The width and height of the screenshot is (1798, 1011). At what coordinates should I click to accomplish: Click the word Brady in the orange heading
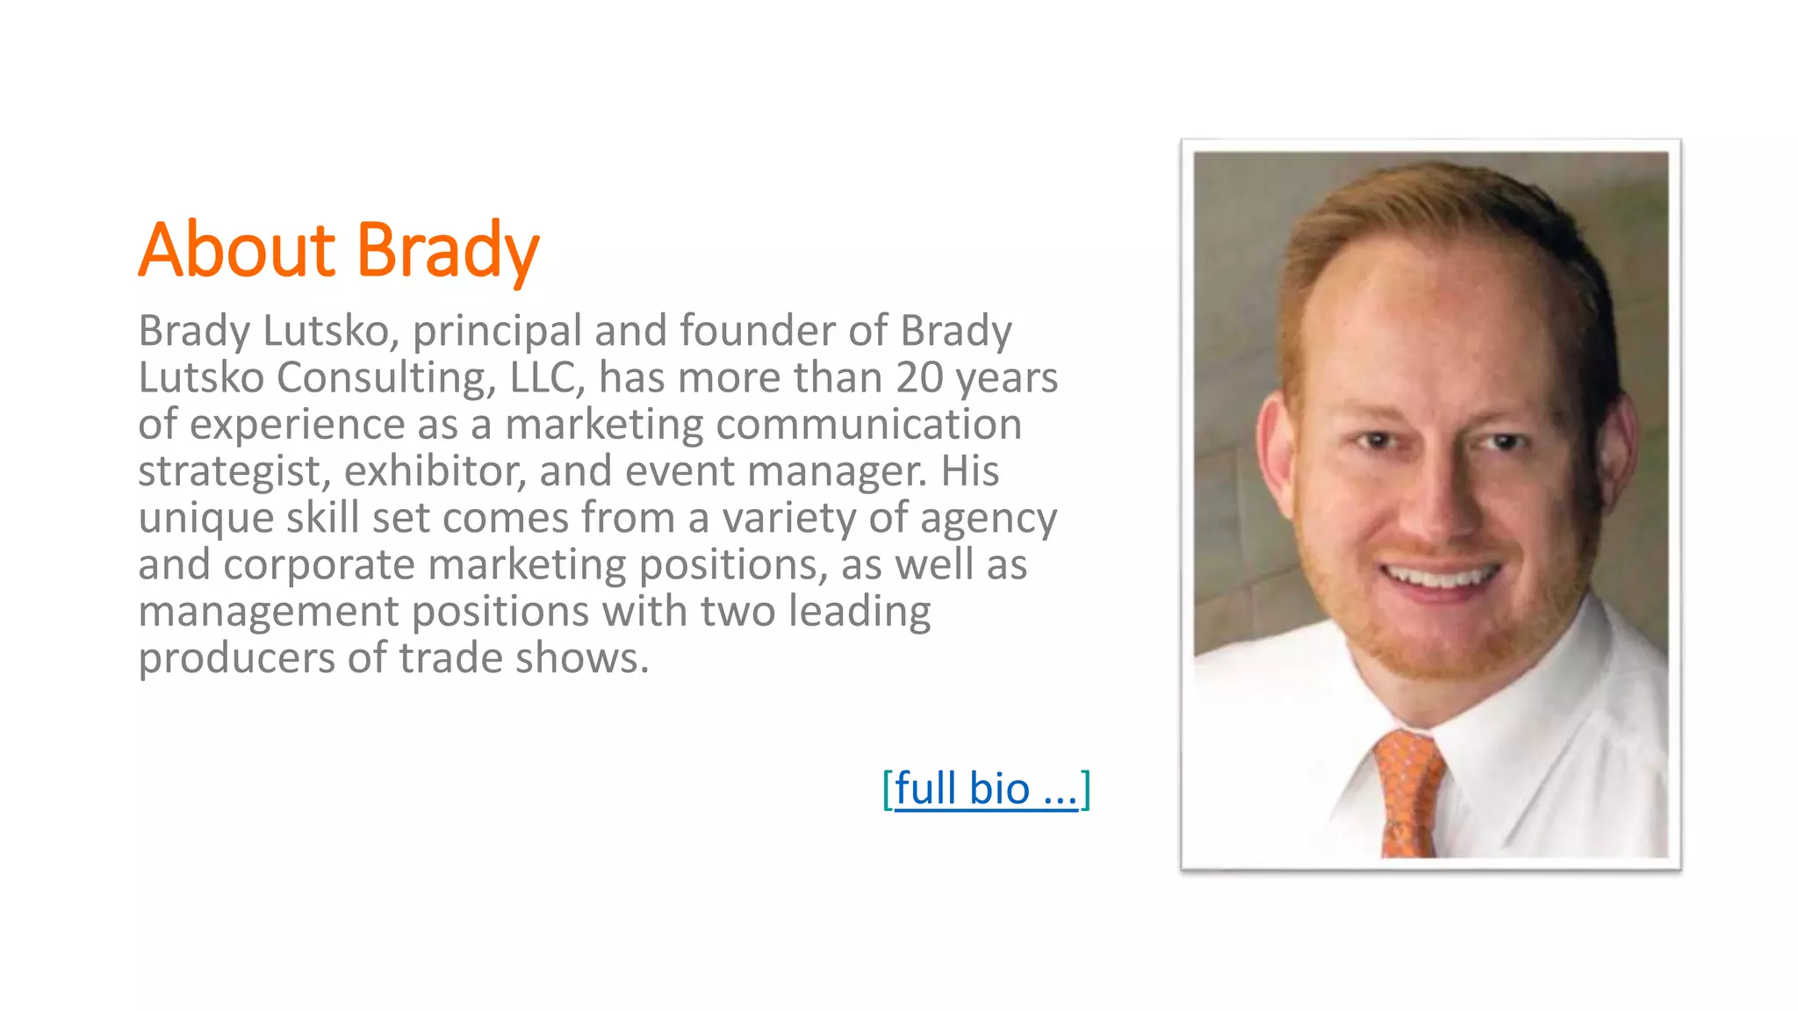point(447,251)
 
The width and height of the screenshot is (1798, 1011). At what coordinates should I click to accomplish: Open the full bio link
point(986,788)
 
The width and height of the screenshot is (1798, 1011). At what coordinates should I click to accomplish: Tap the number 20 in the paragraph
point(919,377)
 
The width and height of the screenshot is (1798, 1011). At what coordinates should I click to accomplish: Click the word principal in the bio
point(497,332)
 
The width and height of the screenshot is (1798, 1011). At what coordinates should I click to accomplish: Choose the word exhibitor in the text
point(435,470)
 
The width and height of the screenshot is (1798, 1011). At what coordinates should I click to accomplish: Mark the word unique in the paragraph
point(205,518)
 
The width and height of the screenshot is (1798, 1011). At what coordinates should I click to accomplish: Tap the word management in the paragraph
point(268,612)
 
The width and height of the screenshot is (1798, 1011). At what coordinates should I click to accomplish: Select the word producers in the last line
point(236,658)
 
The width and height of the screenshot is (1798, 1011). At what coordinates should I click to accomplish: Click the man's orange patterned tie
point(1408,794)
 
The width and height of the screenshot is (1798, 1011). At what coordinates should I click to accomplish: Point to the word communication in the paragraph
point(868,425)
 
